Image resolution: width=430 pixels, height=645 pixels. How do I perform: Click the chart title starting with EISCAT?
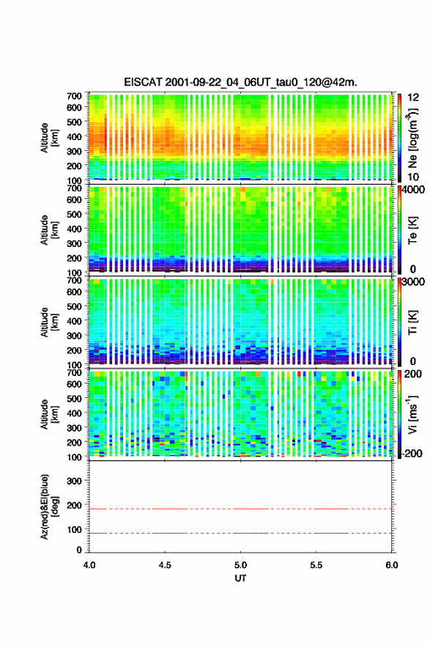pos(240,82)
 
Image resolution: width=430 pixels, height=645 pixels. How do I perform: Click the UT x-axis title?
pos(240,578)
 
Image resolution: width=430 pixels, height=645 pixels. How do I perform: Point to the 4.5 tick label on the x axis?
pos(165,565)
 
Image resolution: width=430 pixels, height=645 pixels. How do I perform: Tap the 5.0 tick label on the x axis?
pos(240,565)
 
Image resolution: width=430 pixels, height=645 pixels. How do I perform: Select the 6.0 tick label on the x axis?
pos(392,565)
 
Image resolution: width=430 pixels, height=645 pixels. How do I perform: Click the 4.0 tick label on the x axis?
pos(89,565)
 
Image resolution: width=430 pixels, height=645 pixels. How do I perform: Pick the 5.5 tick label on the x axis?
pos(316,565)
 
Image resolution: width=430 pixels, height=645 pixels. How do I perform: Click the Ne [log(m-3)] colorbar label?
pos(412,138)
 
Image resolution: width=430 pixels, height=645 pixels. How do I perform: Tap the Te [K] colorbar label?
pos(412,230)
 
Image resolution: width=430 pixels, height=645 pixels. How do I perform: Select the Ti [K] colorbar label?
pos(412,322)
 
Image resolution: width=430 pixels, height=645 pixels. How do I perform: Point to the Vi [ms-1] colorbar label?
pos(412,414)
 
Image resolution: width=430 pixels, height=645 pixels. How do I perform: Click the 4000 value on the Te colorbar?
pos(413,190)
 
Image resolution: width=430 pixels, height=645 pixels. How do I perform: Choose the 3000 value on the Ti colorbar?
pos(413,281)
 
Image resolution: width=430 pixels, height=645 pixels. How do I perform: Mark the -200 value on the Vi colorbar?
pos(411,453)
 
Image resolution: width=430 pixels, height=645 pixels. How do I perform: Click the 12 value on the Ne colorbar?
pos(414,97)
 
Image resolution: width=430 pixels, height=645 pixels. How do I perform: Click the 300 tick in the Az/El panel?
pos(74,481)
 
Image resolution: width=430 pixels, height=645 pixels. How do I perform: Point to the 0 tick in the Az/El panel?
pos(79,550)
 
